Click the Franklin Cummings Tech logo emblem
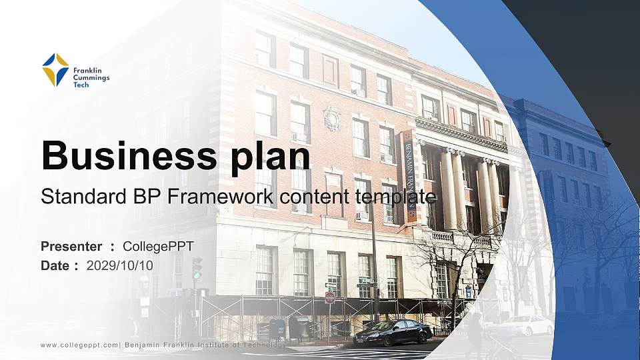[x=55, y=70]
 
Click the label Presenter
[x=71, y=247]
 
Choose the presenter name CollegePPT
[x=158, y=247]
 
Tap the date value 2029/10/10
[x=120, y=265]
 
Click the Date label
[x=55, y=265]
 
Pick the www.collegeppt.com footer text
[x=79, y=345]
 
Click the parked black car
[x=393, y=331]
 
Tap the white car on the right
[x=527, y=325]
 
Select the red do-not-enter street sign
[x=329, y=297]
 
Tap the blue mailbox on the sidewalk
[x=277, y=327]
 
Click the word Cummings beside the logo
[x=91, y=77]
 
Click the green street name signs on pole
[x=365, y=283]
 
